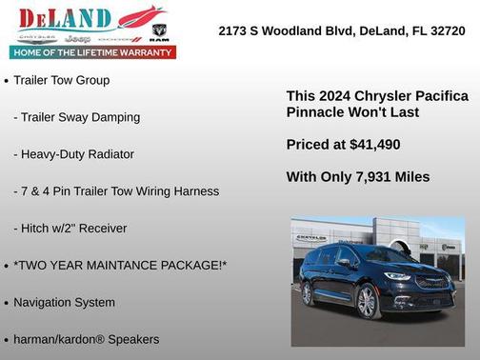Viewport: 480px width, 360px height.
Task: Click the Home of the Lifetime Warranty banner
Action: (93, 52)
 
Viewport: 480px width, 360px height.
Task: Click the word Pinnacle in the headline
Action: (315, 112)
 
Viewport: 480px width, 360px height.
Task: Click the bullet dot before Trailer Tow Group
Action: (7, 81)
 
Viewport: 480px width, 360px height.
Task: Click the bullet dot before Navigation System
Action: (7, 303)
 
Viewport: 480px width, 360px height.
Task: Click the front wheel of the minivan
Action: (366, 303)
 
